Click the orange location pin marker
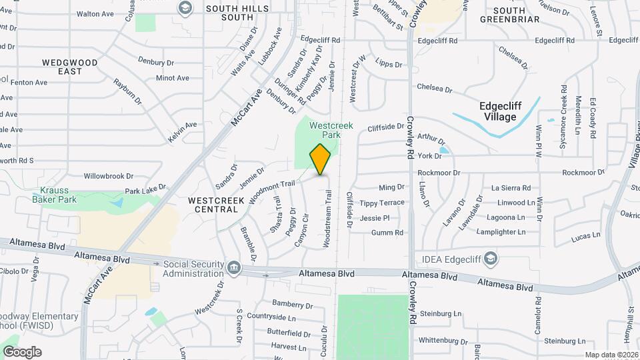pyautogui.click(x=321, y=159)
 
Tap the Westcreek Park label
pyautogui.click(x=325, y=129)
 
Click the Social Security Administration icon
pyautogui.click(x=234, y=269)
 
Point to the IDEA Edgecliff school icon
pyautogui.click(x=490, y=258)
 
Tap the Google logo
pyautogui.click(x=22, y=351)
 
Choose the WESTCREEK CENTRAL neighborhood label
pyautogui.click(x=213, y=204)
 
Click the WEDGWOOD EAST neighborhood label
pyautogui.click(x=70, y=67)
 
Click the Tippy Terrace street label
pyautogui.click(x=382, y=203)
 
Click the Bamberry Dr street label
pyautogui.click(x=292, y=305)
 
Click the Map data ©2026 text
pyautogui.click(x=611, y=355)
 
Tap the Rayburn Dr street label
pyautogui.click(x=128, y=92)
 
